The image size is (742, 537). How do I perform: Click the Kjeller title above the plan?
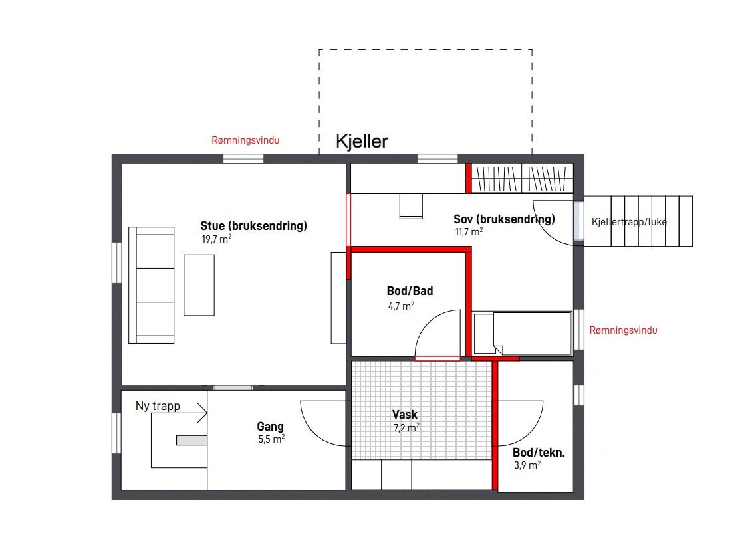pos(362,141)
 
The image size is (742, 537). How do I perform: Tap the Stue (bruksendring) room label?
pos(254,226)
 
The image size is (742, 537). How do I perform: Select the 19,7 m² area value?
pos(216,239)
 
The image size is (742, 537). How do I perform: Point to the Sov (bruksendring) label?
pos(504,219)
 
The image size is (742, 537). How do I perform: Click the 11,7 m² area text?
pos(468,232)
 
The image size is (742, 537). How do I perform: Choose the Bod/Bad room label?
pos(410,291)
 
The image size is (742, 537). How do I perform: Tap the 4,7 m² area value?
pos(401,306)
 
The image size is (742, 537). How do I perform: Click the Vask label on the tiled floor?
pos(405,415)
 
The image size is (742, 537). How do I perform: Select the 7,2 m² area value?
pos(406,428)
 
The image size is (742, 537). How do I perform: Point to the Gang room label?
pos(271,427)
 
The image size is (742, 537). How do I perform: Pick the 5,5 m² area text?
pos(271,439)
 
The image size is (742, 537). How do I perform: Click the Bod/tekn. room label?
pos(539,453)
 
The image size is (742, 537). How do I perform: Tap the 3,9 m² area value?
pos(527,466)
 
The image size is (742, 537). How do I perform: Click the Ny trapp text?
pos(158,406)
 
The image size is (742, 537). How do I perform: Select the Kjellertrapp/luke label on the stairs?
pos(628,222)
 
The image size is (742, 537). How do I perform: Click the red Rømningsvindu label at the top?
pos(245,140)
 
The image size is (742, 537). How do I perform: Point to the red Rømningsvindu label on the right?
pos(623,330)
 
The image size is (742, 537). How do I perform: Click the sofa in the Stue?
pos(152,285)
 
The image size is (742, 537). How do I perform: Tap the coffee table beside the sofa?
pos(199,285)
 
